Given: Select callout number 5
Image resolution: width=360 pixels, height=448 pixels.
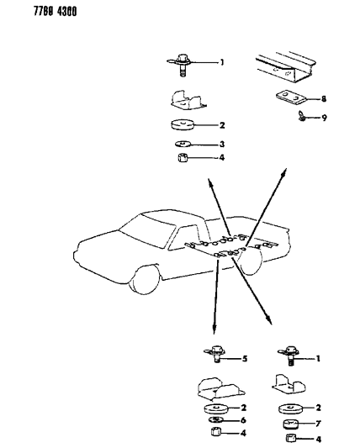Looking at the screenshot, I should pyautogui.click(x=244, y=359).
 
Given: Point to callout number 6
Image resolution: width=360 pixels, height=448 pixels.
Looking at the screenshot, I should pyautogui.click(x=244, y=419).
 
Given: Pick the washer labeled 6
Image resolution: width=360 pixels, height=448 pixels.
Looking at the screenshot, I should pyautogui.click(x=215, y=419).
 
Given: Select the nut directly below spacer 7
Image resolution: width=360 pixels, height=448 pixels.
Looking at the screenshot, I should pyautogui.click(x=291, y=437).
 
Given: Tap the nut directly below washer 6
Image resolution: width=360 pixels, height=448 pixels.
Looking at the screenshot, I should pyautogui.click(x=215, y=433).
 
